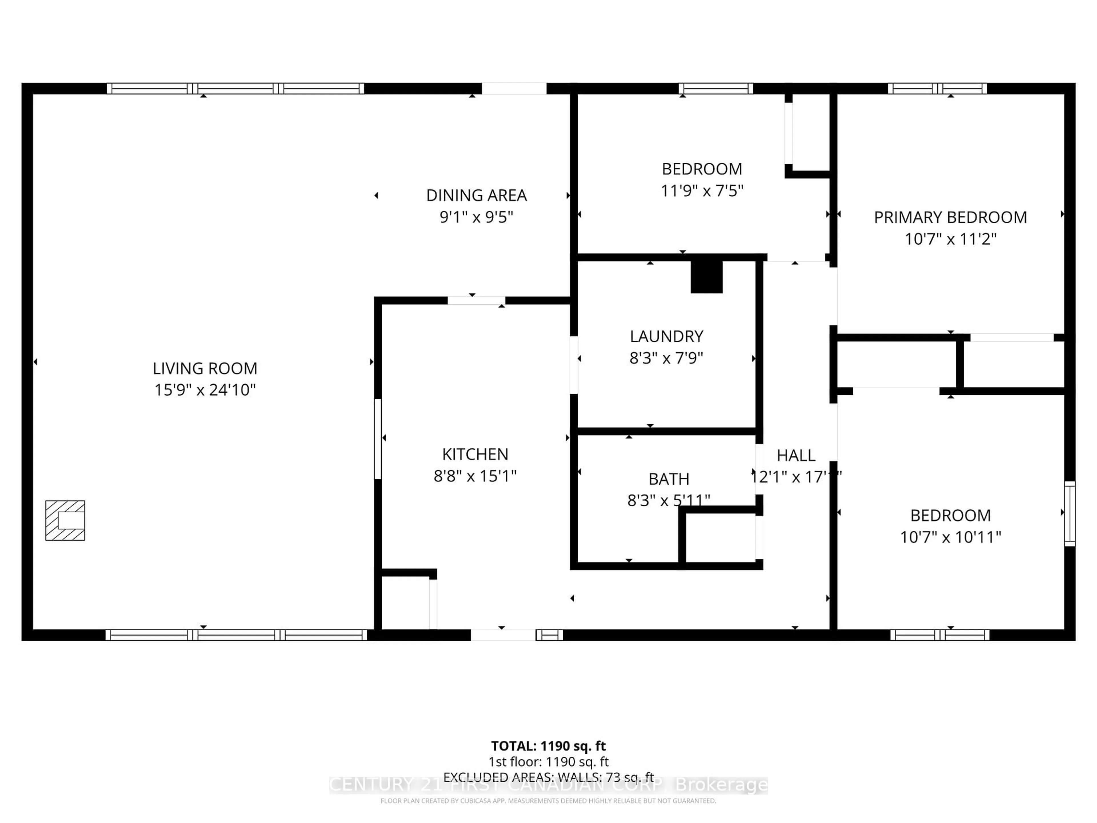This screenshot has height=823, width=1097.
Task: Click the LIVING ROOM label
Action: tap(205, 368)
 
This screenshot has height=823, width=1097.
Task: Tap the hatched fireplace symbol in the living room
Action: tap(65, 520)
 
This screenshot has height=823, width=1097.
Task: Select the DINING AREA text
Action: tap(476, 195)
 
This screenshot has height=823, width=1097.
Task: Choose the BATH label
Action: tap(668, 479)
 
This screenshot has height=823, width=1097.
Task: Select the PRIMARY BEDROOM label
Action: tap(950, 217)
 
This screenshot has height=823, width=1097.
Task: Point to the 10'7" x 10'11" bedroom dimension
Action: tap(950, 537)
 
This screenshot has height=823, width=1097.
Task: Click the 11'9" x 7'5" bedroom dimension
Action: tap(702, 191)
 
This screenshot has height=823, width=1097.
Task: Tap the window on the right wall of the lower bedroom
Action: tap(1070, 514)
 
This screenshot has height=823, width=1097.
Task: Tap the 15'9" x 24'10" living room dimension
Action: tap(205, 390)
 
